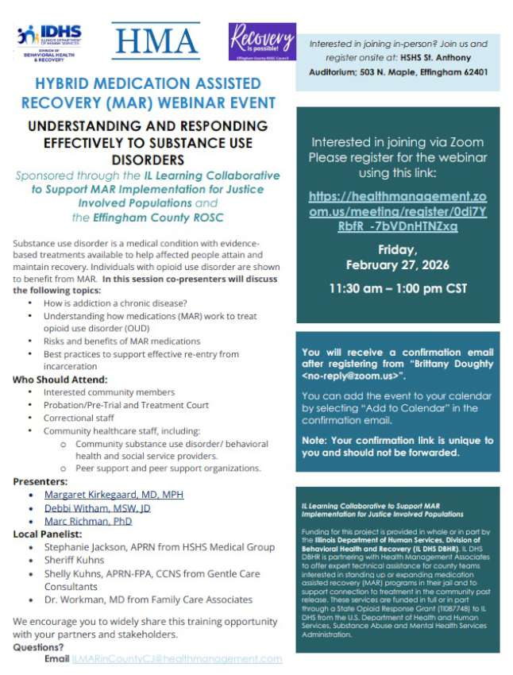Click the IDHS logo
(49, 42)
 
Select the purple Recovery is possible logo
(262, 41)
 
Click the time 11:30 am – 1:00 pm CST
(399, 288)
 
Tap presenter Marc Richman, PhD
(87, 521)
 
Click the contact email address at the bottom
(176, 659)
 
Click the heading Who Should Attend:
(60, 380)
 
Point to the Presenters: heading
(40, 481)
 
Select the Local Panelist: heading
(48, 534)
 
